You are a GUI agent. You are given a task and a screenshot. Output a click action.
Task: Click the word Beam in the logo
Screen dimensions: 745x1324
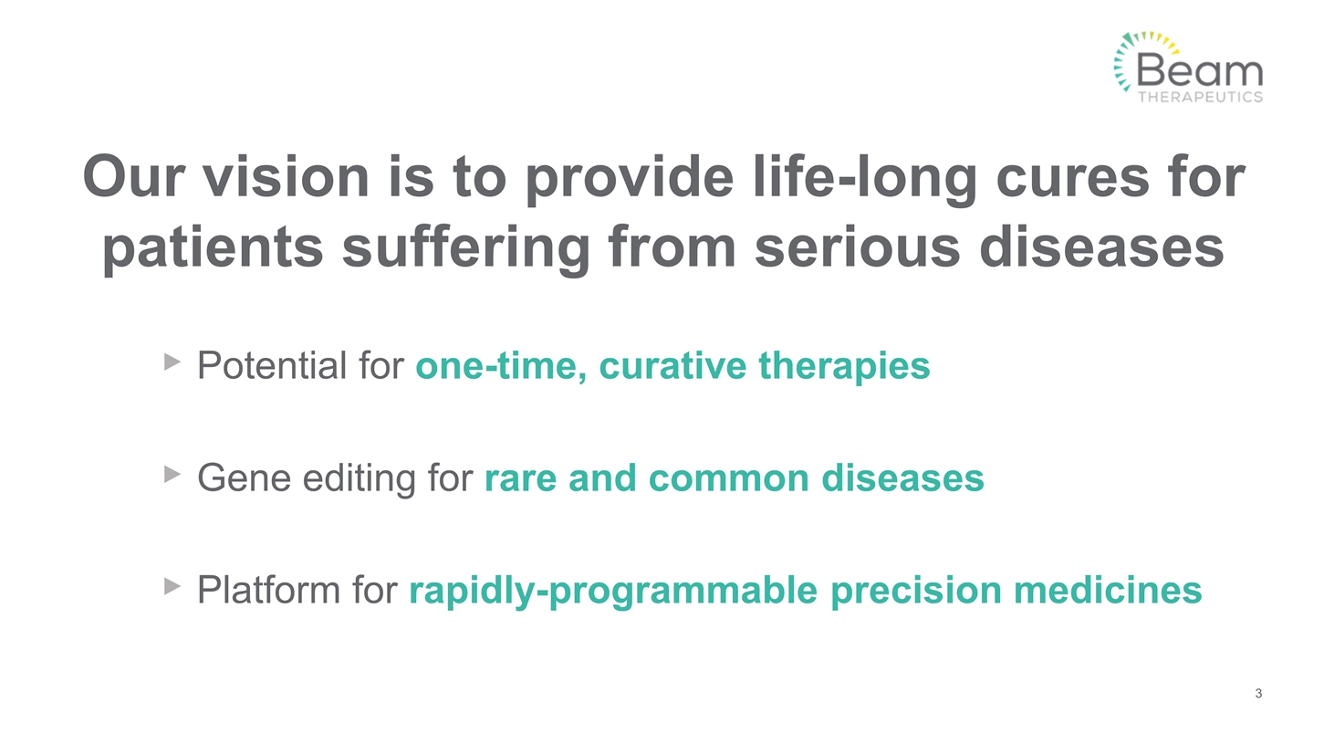(x=1200, y=69)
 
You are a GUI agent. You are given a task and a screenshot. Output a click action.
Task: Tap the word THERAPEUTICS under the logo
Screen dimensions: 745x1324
(x=1200, y=96)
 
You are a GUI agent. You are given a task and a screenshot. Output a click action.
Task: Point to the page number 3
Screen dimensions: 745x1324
(x=1258, y=694)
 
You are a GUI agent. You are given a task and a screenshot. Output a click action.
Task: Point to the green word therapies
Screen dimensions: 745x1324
(x=844, y=366)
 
